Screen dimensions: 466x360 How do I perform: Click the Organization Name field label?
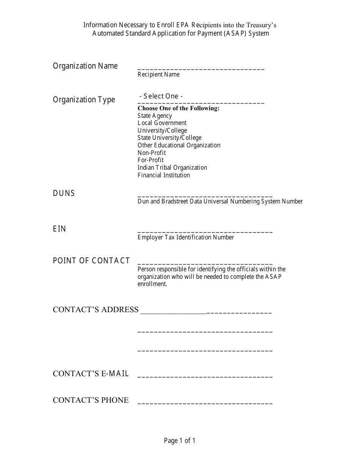click(x=85, y=66)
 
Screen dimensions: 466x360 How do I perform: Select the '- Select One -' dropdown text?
click(x=161, y=96)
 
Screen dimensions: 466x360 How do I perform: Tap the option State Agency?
click(x=155, y=116)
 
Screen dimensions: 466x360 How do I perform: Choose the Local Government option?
click(x=162, y=123)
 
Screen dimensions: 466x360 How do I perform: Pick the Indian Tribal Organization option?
click(x=172, y=167)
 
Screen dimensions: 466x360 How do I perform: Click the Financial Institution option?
click(x=164, y=175)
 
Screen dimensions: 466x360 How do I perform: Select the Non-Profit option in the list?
click(x=152, y=153)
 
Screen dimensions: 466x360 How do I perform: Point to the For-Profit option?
click(x=150, y=160)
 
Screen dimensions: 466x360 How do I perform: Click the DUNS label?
click(x=64, y=193)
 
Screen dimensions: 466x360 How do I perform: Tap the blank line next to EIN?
click(x=205, y=231)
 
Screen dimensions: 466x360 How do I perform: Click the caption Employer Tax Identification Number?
click(x=186, y=237)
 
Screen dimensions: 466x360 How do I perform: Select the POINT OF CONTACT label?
click(x=91, y=261)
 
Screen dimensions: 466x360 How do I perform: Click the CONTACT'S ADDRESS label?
click(x=96, y=310)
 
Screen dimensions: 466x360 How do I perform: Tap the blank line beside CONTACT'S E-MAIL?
click(x=205, y=376)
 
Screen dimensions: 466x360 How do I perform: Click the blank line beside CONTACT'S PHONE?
click(x=205, y=403)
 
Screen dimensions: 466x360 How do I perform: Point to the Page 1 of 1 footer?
click(x=180, y=441)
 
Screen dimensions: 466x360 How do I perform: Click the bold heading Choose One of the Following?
click(x=178, y=108)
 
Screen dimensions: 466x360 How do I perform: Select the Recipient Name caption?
click(x=158, y=74)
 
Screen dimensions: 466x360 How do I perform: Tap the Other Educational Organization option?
click(x=179, y=145)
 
